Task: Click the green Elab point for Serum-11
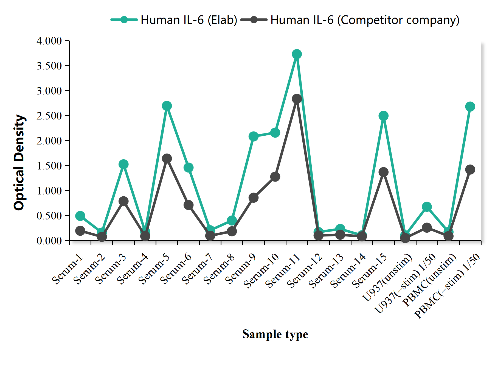tap(297, 54)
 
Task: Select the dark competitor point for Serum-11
tap(297, 99)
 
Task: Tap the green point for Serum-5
tap(167, 106)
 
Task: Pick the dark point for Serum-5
tap(167, 158)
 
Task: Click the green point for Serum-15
tap(383, 116)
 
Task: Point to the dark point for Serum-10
tap(275, 177)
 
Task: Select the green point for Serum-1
tap(80, 216)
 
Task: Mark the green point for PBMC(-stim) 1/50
tap(470, 107)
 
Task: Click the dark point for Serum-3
tap(123, 201)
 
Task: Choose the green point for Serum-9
tap(253, 136)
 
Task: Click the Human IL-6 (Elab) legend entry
tap(189, 20)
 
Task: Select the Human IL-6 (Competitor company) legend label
tap(365, 20)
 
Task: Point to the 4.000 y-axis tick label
tap(49, 41)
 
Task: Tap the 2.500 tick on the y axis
tap(49, 116)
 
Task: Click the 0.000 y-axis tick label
tap(49, 241)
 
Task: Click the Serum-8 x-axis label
tap(219, 269)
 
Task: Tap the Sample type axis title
tap(275, 334)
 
